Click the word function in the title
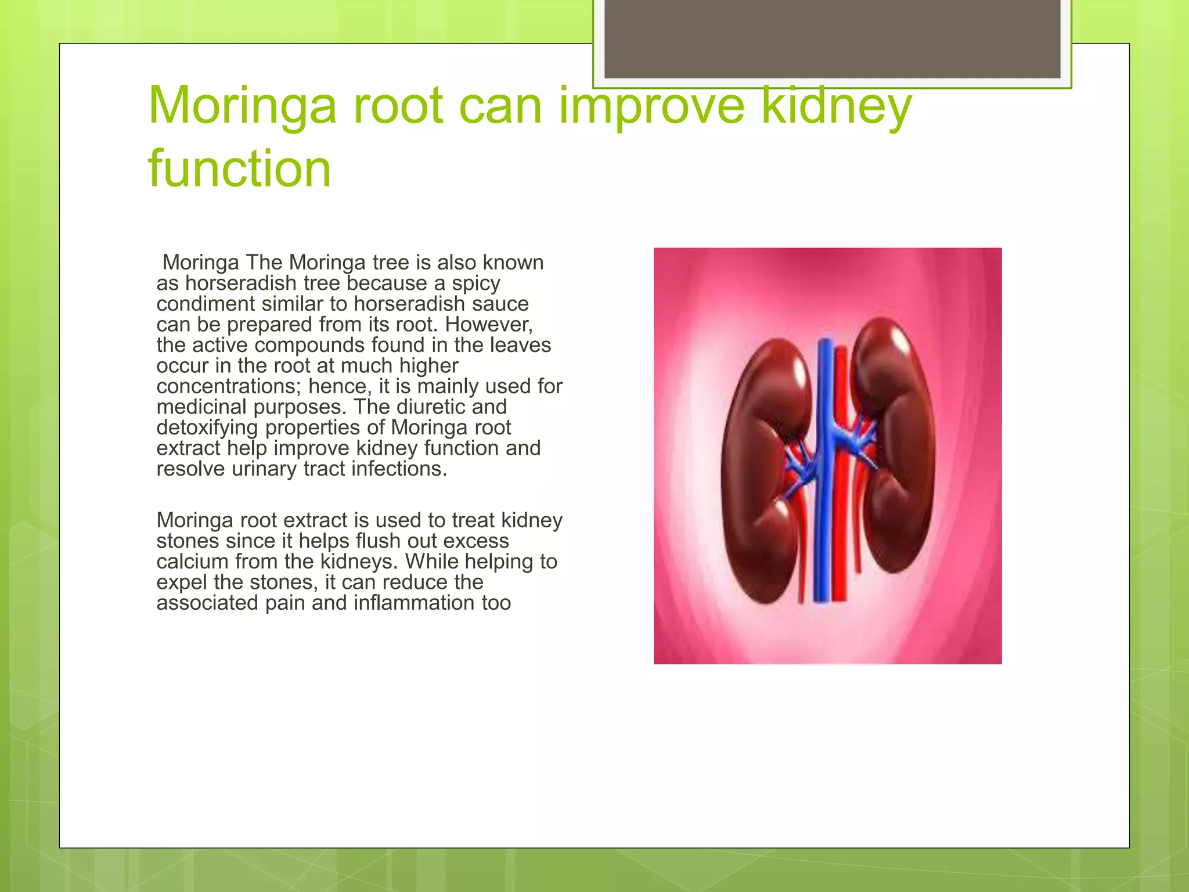[x=239, y=169]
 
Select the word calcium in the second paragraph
[x=192, y=562]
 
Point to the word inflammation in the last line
[x=413, y=603]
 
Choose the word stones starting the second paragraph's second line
[x=188, y=541]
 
